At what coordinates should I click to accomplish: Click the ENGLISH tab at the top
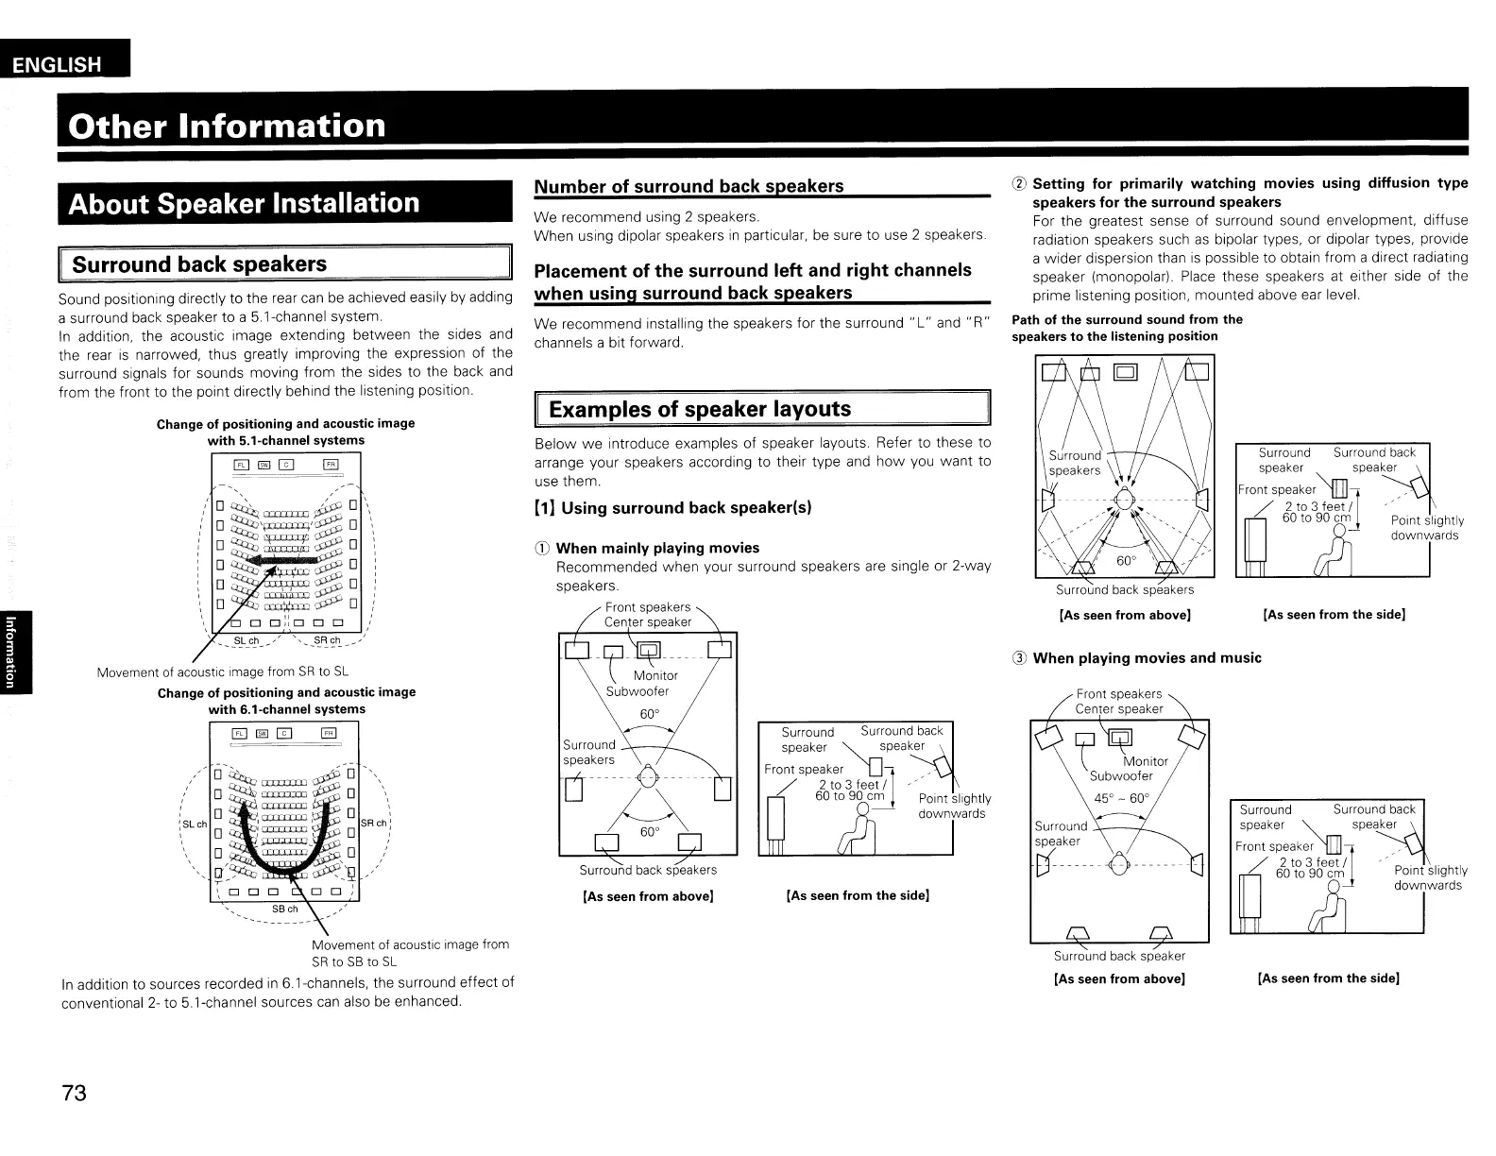(57, 64)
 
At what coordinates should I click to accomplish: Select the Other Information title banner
(227, 126)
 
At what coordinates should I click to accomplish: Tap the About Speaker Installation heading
(244, 203)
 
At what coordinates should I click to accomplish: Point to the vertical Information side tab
(11, 652)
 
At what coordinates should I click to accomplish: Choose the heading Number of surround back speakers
(689, 186)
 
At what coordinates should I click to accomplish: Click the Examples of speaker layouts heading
(699, 409)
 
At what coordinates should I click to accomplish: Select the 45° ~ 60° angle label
(1121, 798)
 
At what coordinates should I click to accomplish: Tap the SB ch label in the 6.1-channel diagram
(285, 909)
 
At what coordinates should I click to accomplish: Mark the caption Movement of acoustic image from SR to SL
(223, 672)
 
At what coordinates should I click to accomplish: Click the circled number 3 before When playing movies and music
(1020, 658)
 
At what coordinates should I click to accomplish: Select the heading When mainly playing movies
(657, 548)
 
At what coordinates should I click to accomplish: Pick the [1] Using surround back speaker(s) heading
(673, 508)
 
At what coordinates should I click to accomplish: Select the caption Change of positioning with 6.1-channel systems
(286, 701)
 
